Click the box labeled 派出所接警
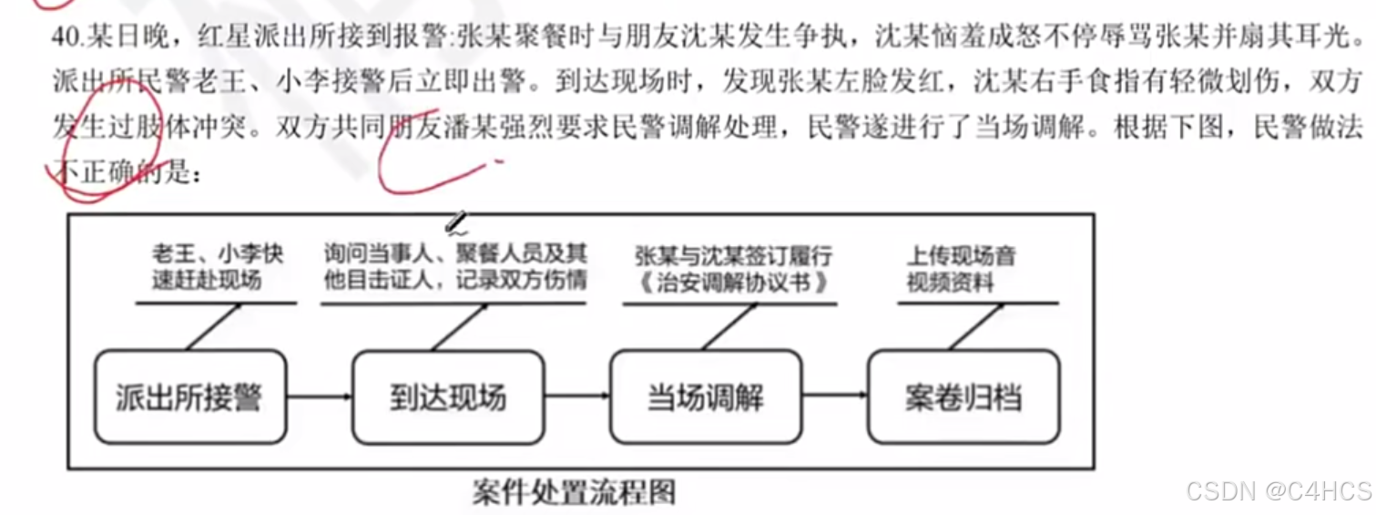[x=189, y=397]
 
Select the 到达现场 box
[x=448, y=397]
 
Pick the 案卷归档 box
[x=963, y=397]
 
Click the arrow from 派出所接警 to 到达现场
[x=319, y=397]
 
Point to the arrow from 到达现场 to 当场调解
[x=577, y=397]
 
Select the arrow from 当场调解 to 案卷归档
[x=835, y=397]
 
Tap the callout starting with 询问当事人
[x=454, y=266]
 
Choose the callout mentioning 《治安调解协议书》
[x=733, y=268]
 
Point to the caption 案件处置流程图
[x=575, y=492]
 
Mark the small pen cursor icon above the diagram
[x=456, y=221]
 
